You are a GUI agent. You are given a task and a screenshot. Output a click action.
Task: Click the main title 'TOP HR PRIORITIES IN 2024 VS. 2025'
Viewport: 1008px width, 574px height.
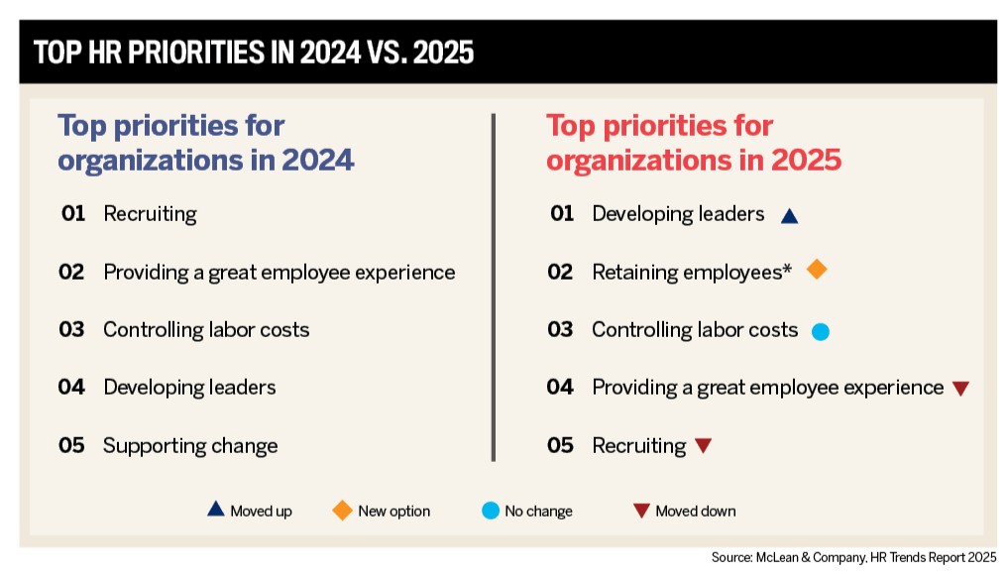(254, 53)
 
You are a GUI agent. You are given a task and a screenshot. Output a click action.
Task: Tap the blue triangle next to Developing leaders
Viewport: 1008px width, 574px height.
(789, 215)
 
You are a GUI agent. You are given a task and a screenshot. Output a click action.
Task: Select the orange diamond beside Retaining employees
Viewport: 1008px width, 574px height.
(817, 270)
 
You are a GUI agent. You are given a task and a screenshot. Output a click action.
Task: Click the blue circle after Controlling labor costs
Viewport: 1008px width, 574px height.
(820, 332)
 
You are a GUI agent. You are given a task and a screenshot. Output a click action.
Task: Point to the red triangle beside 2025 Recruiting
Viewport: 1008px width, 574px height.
(703, 446)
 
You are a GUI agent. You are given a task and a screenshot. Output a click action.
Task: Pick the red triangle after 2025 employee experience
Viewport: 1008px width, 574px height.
(959, 389)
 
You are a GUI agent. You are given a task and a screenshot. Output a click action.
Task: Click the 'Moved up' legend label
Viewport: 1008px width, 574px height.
(261, 512)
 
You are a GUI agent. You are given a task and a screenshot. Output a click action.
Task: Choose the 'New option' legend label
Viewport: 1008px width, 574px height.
(393, 512)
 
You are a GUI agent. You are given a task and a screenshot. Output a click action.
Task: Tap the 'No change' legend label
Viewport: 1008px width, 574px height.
(538, 512)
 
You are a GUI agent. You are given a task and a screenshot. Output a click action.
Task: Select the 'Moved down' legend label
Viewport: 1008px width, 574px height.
(696, 512)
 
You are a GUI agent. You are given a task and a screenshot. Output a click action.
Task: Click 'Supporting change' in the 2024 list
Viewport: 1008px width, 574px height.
(190, 445)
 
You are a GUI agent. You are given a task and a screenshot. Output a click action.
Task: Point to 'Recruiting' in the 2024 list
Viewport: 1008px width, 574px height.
(150, 213)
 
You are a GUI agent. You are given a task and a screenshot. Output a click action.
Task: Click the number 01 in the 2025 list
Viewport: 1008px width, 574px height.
(561, 213)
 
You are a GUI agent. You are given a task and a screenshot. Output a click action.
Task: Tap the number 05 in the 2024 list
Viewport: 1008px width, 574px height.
(71, 445)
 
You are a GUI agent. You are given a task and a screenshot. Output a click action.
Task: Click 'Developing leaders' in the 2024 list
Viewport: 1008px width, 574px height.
(189, 387)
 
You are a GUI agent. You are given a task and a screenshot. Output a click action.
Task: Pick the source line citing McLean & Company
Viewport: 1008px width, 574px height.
(853, 557)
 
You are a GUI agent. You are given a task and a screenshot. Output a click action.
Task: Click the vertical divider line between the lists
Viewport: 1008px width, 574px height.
(493, 287)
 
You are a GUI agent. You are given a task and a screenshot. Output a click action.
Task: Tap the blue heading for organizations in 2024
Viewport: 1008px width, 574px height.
(205, 143)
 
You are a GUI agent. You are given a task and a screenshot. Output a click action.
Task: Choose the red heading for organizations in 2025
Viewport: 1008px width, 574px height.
(694, 143)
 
